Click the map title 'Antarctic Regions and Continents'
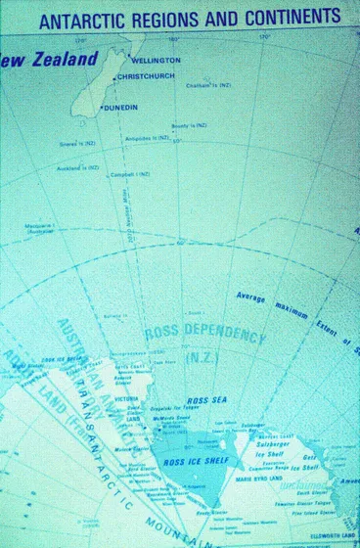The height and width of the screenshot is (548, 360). click(190, 16)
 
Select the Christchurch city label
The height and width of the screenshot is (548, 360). click(153, 76)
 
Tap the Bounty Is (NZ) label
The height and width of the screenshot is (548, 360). click(188, 125)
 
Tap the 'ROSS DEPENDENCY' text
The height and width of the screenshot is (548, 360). click(204, 336)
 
